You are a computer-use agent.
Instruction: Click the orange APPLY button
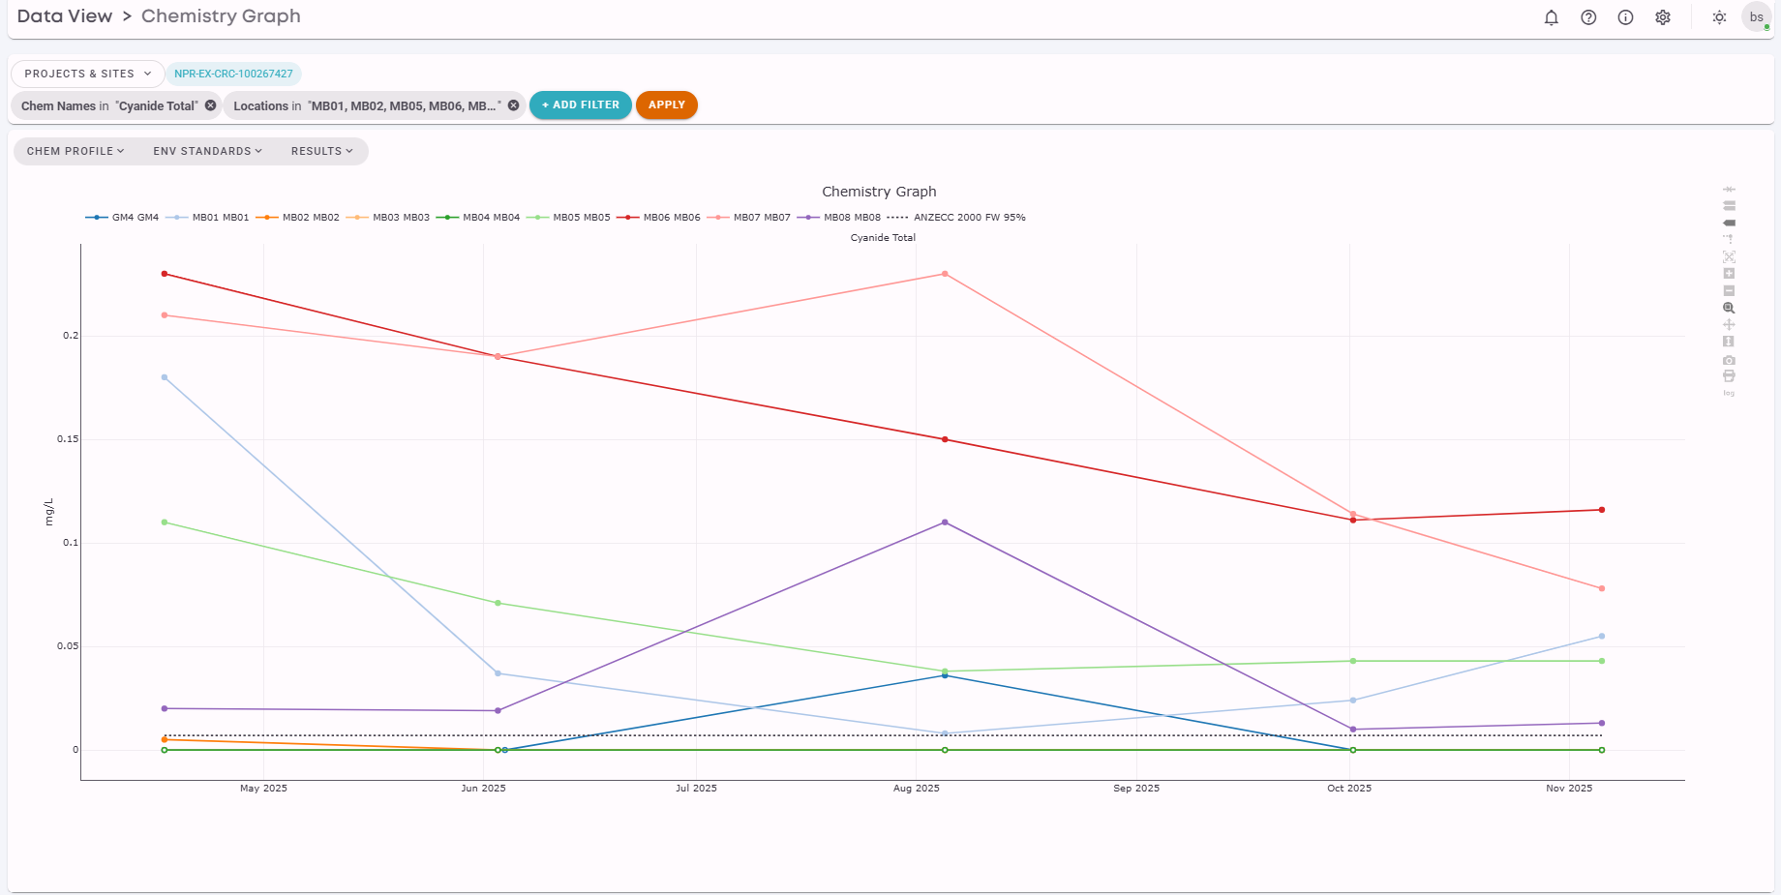click(x=666, y=104)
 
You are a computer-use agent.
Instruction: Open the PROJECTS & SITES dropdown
click(x=87, y=74)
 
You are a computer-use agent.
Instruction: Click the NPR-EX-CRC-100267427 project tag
click(x=233, y=74)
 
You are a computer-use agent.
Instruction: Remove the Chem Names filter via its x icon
click(x=210, y=105)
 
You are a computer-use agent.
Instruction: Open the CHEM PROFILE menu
click(x=75, y=151)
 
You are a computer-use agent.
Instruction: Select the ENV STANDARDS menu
click(x=207, y=151)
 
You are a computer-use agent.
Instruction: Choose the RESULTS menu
click(x=321, y=151)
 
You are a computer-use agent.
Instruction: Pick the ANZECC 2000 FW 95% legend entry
click(x=956, y=218)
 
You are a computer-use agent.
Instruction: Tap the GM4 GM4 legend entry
click(x=122, y=218)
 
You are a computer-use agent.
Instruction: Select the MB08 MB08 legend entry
click(x=839, y=218)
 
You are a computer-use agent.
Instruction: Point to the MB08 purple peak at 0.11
click(x=945, y=522)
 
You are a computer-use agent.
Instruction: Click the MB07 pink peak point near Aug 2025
click(x=945, y=274)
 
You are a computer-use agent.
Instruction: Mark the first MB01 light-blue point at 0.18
click(x=165, y=377)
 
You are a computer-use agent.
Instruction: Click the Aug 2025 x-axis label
click(x=916, y=789)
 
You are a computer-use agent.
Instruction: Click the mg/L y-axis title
click(x=49, y=513)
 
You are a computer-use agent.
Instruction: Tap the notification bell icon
click(x=1552, y=17)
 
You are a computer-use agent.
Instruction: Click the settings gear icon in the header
click(x=1663, y=17)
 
